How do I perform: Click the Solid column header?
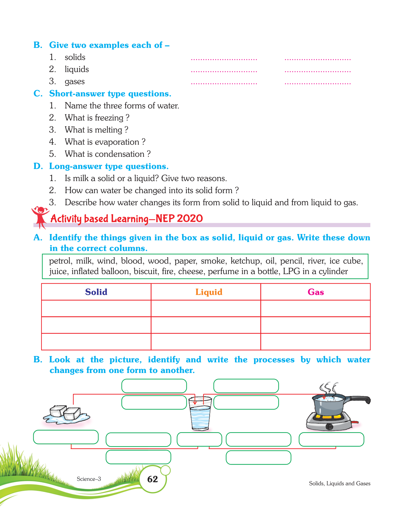pyautogui.click(x=96, y=292)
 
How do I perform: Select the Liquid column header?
pyautogui.click(x=209, y=292)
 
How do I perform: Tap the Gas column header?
pyautogui.click(x=315, y=292)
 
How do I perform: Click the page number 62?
pyautogui.click(x=152, y=479)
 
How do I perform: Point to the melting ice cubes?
pyautogui.click(x=66, y=414)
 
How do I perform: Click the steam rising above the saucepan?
pyautogui.click(x=328, y=388)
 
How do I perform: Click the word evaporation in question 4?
pyautogui.click(x=117, y=142)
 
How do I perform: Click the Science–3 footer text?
pyautogui.click(x=89, y=479)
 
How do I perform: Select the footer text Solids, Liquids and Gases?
pyautogui.click(x=339, y=483)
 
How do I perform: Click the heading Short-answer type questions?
pyautogui.click(x=110, y=93)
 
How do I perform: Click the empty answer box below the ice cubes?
pyautogui.click(x=66, y=437)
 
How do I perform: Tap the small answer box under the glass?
pyautogui.click(x=199, y=439)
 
